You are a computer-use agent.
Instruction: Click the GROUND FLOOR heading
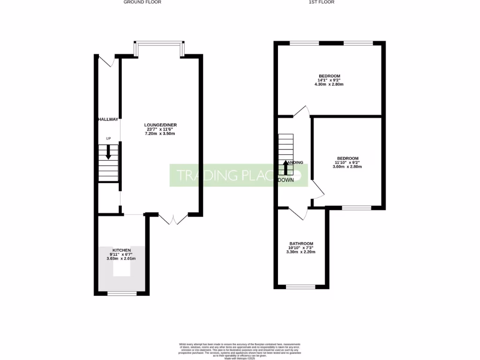point(142,2)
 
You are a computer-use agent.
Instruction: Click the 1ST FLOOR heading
point(321,2)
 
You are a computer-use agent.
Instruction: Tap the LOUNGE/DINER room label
point(160,125)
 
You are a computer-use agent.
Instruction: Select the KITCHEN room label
point(121,250)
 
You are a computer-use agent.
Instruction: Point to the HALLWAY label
point(108,120)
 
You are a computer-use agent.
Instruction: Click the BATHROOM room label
point(301,244)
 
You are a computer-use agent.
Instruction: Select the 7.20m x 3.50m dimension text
point(160,134)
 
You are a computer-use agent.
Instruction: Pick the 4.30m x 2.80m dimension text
point(330,85)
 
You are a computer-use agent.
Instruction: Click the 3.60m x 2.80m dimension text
point(347,166)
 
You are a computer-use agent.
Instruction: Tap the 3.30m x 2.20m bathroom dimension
point(301,252)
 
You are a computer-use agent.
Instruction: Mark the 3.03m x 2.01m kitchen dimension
point(121,259)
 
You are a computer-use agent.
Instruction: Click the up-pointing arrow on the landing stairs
point(285,167)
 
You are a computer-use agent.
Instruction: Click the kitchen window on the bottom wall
point(122,293)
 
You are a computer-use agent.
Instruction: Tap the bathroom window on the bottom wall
point(300,286)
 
